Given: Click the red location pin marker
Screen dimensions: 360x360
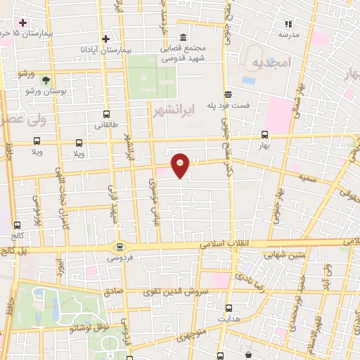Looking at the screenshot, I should [x=181, y=165].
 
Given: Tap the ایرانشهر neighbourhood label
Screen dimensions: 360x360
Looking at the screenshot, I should [x=172, y=110].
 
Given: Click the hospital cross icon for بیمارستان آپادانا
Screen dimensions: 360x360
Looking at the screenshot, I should [x=105, y=39].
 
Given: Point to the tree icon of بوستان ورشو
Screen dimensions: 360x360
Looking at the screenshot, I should [x=46, y=81].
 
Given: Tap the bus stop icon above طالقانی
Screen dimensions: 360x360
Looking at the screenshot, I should [x=106, y=114].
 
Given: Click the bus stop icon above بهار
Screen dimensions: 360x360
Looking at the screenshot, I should [x=265, y=134].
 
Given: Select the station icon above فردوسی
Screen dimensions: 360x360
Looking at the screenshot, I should [x=119, y=246].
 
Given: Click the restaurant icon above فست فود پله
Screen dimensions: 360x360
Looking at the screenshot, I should [x=227, y=94].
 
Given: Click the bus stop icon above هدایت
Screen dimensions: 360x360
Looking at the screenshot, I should [x=229, y=307].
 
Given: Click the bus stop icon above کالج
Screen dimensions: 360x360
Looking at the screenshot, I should [x=17, y=226].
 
